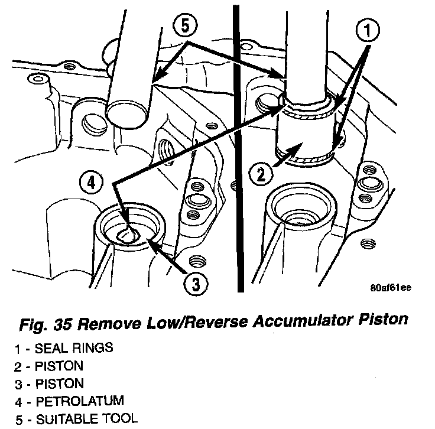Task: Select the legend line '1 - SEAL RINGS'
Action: tap(63, 348)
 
